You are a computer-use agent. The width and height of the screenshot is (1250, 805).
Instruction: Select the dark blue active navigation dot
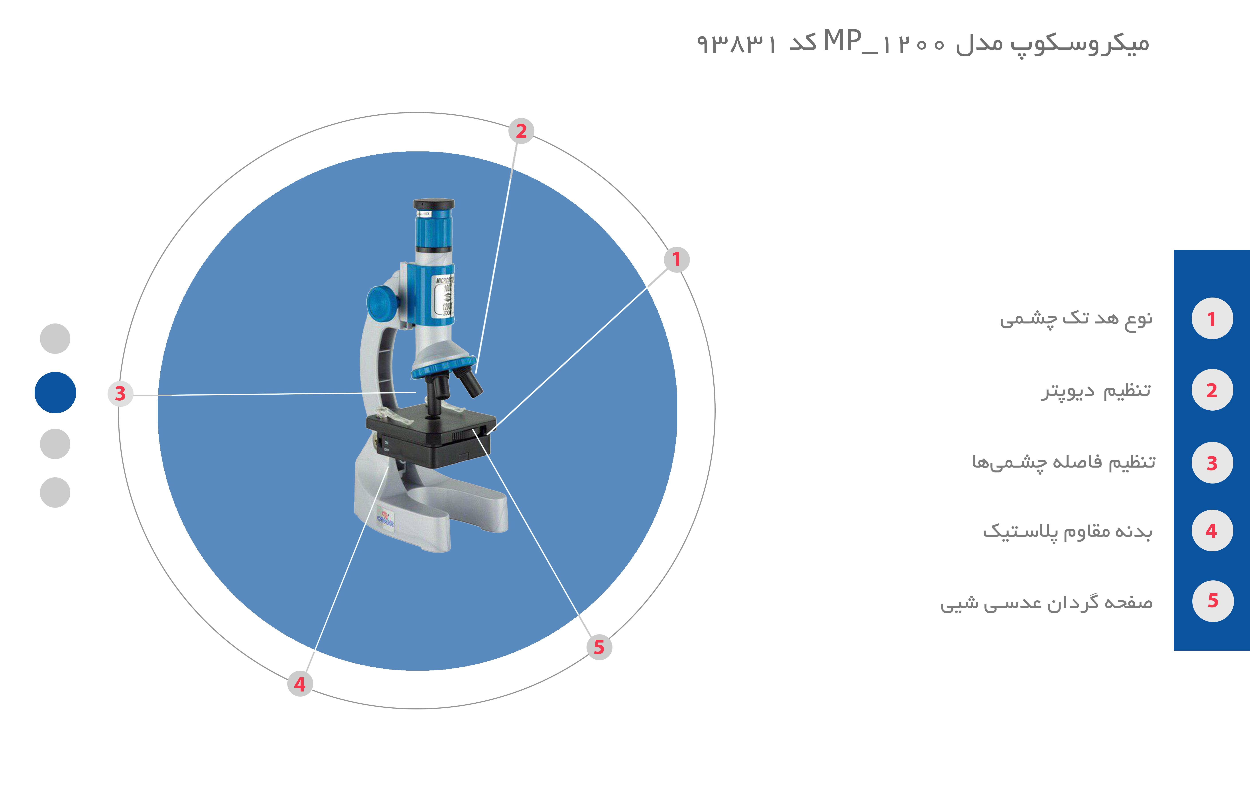(55, 393)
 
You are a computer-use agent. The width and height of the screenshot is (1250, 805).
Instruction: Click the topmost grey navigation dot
(55, 338)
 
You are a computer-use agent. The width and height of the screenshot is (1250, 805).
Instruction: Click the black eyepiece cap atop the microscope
(434, 204)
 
